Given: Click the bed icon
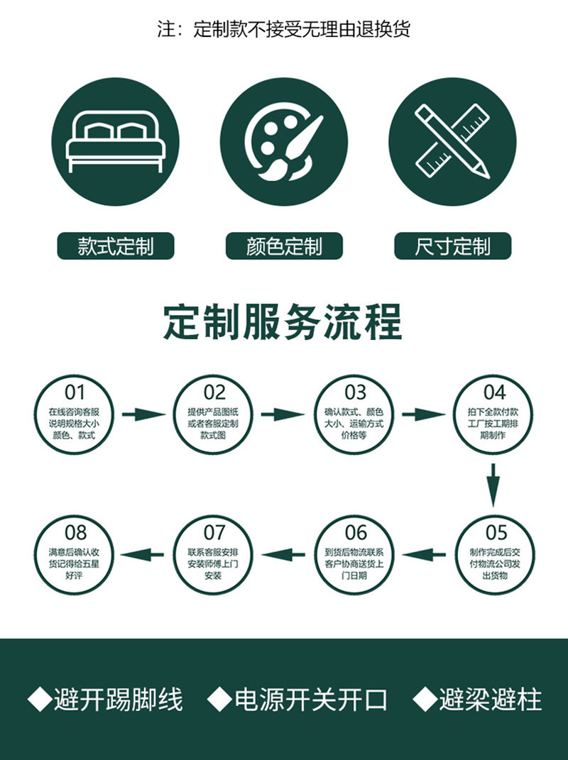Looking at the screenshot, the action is click(116, 141).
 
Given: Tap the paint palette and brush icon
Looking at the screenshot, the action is click(284, 141).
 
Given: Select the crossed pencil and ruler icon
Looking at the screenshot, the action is click(452, 141).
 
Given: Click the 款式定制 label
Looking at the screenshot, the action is click(116, 246).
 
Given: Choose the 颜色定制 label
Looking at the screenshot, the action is click(284, 246).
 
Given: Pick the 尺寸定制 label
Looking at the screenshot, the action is click(452, 246).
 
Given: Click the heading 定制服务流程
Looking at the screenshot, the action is click(283, 322).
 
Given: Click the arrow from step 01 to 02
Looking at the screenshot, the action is click(143, 414).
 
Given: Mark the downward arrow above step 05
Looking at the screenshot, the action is click(493, 485).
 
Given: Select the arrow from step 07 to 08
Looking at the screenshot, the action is click(142, 554).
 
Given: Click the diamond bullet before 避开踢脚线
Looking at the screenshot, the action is click(40, 700).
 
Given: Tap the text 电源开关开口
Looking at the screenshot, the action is click(311, 700).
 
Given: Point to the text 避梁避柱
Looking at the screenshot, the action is click(490, 700).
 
